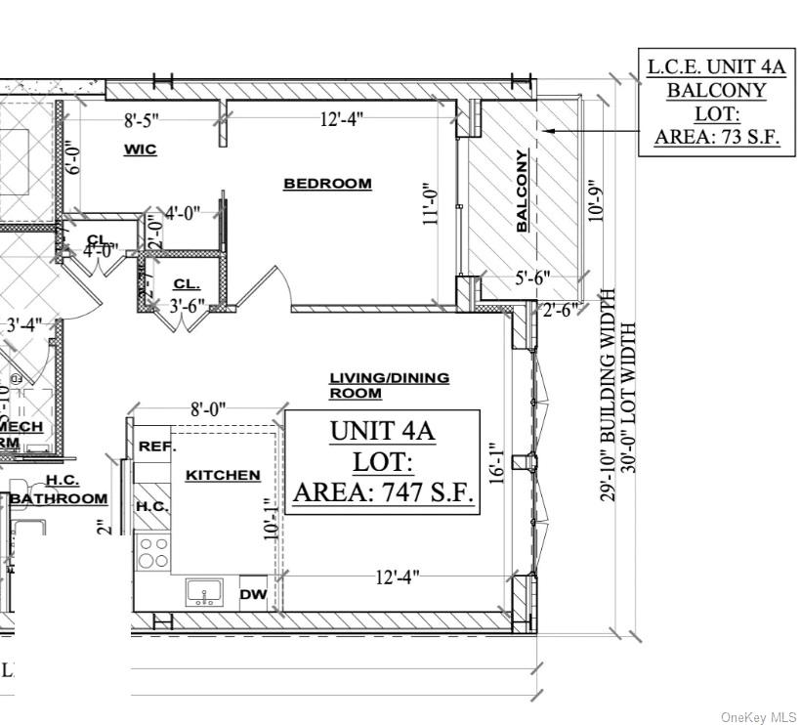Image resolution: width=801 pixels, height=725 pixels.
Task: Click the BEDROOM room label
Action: pyautogui.click(x=327, y=184)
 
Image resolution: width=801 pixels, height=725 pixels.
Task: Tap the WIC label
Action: pyautogui.click(x=140, y=149)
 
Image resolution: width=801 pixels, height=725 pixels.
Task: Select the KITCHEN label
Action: pyautogui.click(x=223, y=475)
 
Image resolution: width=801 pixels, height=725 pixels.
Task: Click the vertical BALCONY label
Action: pyautogui.click(x=522, y=192)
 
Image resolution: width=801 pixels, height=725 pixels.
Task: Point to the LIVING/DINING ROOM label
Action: pyautogui.click(x=389, y=385)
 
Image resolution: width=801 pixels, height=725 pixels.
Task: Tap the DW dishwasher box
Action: pyautogui.click(x=253, y=593)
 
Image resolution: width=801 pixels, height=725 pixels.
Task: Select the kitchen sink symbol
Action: pyautogui.click(x=204, y=592)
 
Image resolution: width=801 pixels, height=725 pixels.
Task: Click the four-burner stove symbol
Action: pyautogui.click(x=153, y=552)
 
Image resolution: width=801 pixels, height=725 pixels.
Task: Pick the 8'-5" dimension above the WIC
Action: pyautogui.click(x=142, y=122)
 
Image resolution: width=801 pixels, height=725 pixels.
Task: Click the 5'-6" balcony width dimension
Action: pyautogui.click(x=533, y=277)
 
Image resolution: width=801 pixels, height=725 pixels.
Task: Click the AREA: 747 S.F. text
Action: pyautogui.click(x=384, y=491)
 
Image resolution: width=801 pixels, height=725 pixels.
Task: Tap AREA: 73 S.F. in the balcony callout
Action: pyautogui.click(x=717, y=137)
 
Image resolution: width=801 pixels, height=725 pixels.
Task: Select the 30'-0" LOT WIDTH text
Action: pyautogui.click(x=628, y=411)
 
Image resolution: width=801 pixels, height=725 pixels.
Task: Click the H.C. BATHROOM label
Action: pyautogui.click(x=61, y=490)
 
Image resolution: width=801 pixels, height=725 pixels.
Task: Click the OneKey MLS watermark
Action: pyautogui.click(x=758, y=716)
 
